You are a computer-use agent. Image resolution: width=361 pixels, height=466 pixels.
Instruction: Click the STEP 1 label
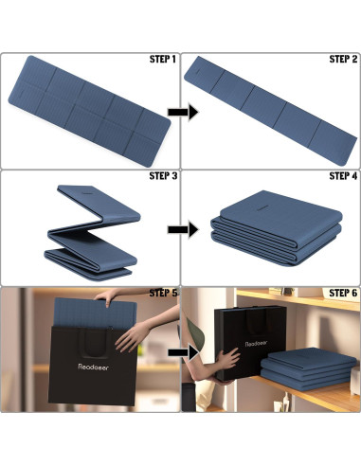pyautogui.click(x=163, y=59)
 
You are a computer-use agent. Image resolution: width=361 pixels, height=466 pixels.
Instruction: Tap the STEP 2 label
pyautogui.click(x=343, y=59)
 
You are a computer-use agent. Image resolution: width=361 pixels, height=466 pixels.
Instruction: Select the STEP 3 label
pyautogui.click(x=163, y=176)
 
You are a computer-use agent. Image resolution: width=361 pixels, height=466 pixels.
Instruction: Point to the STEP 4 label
pyautogui.click(x=343, y=176)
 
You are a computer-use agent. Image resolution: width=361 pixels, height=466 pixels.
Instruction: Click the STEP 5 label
pyautogui.click(x=163, y=293)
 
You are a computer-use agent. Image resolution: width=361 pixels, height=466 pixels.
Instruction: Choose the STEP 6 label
pyautogui.click(x=343, y=293)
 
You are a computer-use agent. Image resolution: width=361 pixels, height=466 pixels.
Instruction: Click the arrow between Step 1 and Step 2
pyautogui.click(x=183, y=112)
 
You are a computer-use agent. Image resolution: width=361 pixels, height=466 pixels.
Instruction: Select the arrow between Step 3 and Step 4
pyautogui.click(x=183, y=229)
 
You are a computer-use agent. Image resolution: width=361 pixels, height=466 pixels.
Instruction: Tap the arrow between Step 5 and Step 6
pyautogui.click(x=183, y=352)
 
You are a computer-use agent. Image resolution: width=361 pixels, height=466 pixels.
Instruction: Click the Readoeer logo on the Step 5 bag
pyautogui.click(x=93, y=367)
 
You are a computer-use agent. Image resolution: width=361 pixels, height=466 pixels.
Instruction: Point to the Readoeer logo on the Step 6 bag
pyautogui.click(x=256, y=343)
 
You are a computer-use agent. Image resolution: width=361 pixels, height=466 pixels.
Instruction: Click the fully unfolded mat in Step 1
pyautogui.click(x=89, y=111)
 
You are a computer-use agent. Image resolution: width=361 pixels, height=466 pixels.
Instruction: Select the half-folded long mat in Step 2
pyautogui.click(x=271, y=111)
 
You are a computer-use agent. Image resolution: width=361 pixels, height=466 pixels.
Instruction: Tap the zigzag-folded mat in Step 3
pyautogui.click(x=92, y=233)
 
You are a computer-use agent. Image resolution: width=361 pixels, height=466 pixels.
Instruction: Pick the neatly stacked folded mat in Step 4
pyautogui.click(x=277, y=228)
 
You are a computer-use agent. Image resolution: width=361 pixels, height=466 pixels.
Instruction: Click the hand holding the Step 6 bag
pyautogui.click(x=227, y=358)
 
